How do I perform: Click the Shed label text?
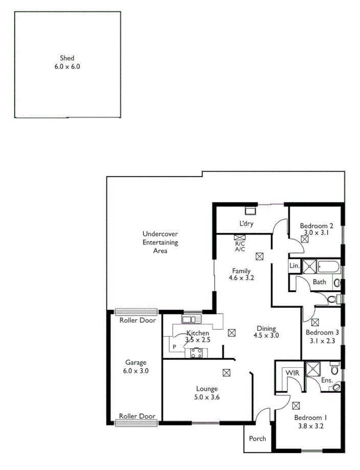67,62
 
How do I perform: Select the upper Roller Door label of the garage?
137,321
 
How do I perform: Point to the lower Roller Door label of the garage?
137,416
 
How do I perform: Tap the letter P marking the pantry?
174,347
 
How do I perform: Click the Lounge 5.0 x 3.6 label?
206,393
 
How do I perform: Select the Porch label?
257,438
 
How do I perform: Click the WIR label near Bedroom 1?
292,372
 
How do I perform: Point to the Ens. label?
327,381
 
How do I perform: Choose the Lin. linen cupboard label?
295,266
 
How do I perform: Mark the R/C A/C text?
240,247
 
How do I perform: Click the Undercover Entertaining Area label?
160,242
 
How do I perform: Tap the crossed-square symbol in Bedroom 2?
305,238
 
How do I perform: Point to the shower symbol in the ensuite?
312,368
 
